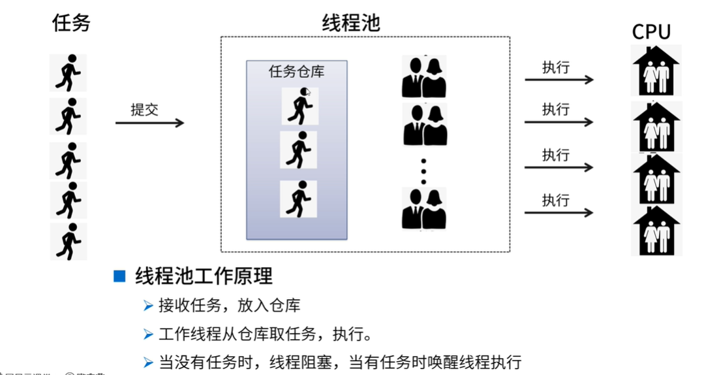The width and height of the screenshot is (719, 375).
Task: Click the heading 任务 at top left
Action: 71,24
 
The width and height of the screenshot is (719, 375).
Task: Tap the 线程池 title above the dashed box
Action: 351,24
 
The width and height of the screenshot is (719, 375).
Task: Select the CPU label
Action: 651,32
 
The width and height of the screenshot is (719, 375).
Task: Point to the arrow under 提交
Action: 149,123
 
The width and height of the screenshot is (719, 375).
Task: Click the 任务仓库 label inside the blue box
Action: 297,72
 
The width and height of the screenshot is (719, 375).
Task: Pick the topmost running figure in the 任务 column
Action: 69,73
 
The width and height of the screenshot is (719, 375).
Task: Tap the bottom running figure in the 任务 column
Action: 69,242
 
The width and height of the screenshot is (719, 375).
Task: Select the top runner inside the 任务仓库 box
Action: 299,106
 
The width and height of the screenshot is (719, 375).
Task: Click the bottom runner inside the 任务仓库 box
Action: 298,199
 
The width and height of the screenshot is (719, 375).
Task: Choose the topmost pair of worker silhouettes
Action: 424,76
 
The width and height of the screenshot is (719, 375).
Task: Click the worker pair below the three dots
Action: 424,208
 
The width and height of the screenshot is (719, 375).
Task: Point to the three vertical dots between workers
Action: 423,171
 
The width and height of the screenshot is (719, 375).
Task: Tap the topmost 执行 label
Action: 556,67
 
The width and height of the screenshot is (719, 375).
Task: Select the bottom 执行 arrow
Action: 559,212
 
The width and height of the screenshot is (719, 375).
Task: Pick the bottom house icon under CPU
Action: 656,231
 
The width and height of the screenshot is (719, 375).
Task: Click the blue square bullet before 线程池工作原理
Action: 119,276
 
